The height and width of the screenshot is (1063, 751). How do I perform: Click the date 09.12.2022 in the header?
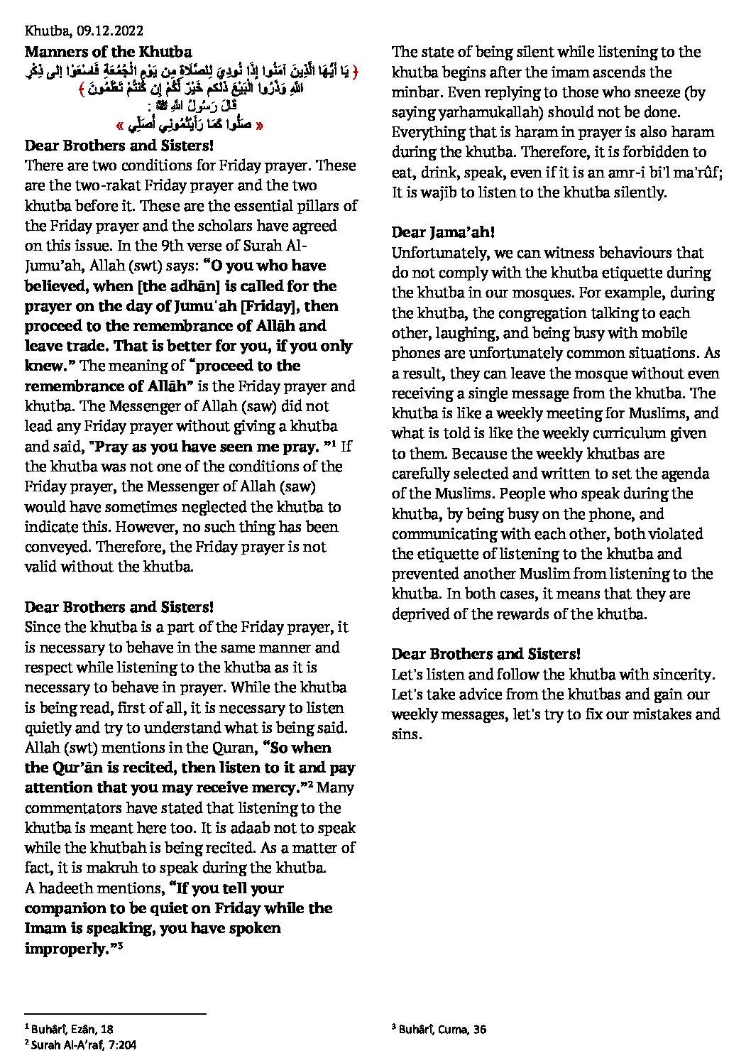pyautogui.click(x=107, y=31)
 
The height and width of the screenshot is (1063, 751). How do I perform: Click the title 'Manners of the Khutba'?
pyautogui.click(x=108, y=51)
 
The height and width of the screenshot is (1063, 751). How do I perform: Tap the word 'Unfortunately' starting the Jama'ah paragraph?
pyautogui.click(x=432, y=252)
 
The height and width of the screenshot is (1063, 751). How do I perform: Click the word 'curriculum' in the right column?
pyautogui.click(x=582, y=433)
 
